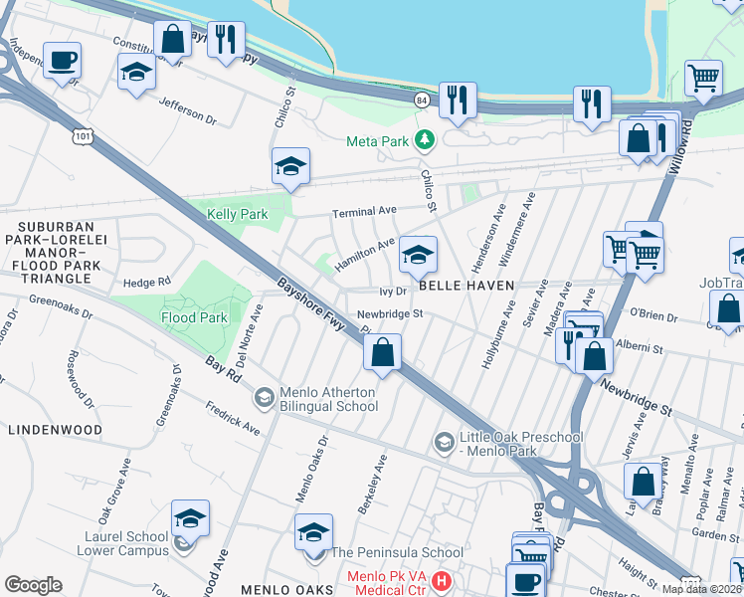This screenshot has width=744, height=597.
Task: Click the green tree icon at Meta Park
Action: [x=426, y=140]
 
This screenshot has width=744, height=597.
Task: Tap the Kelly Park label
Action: [x=238, y=214]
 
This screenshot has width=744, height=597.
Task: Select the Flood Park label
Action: [x=195, y=318]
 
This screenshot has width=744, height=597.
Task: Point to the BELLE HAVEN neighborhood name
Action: [x=465, y=286]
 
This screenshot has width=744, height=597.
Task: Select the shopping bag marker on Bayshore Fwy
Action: [x=382, y=352]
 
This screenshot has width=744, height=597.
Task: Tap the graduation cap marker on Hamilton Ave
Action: [x=419, y=256]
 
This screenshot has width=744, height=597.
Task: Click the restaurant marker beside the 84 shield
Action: [x=458, y=99]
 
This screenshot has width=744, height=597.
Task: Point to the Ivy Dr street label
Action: [x=394, y=292]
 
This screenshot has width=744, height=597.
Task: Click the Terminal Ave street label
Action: [x=364, y=211]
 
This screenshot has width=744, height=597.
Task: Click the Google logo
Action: [x=33, y=585]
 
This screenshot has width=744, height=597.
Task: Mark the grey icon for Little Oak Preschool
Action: [x=444, y=440]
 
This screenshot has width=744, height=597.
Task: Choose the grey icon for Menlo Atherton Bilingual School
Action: [x=264, y=398]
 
